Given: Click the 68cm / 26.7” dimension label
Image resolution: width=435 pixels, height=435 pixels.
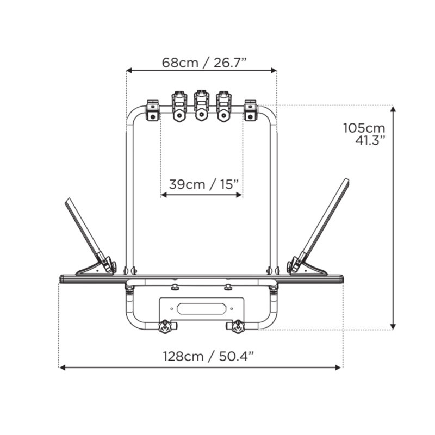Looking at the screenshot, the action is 204,63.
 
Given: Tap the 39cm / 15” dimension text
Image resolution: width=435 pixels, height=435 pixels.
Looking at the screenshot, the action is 204,184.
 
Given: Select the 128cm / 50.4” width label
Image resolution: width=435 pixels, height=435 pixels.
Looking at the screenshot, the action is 208,356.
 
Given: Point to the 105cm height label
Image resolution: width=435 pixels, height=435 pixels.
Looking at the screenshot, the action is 364,128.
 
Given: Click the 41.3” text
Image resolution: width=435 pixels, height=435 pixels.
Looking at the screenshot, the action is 370,140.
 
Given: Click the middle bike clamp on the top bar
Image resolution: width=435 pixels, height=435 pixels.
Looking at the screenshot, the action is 201,105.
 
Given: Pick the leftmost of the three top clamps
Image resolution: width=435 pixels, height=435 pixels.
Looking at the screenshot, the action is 179,106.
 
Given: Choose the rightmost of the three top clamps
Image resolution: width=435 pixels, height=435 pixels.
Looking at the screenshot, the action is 223,106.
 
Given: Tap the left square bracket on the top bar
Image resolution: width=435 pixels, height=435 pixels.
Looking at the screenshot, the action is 153,110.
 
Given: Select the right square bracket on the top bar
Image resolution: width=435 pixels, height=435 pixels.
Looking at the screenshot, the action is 251,110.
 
